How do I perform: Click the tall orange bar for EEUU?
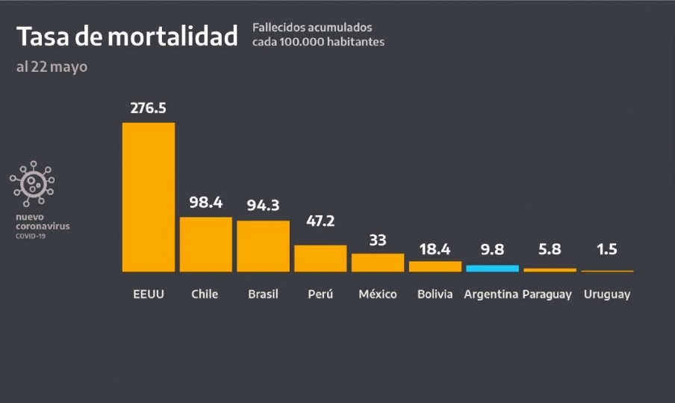(149, 197)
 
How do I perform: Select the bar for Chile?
(205, 244)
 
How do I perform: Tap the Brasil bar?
(263, 246)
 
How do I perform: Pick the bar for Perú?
(320, 258)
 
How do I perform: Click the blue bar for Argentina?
(492, 268)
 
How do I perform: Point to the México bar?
(377, 262)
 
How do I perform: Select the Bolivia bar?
(435, 266)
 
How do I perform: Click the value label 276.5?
(148, 108)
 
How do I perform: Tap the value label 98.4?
(205, 203)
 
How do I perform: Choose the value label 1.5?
(607, 250)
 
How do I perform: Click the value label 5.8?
(550, 250)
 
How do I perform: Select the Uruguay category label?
(607, 295)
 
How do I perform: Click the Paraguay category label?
(547, 295)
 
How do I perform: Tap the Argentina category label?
(491, 295)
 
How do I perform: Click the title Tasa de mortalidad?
(127, 36)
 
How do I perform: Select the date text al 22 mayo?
(52, 67)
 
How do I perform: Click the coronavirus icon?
(32, 183)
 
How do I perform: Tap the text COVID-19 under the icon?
(31, 236)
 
